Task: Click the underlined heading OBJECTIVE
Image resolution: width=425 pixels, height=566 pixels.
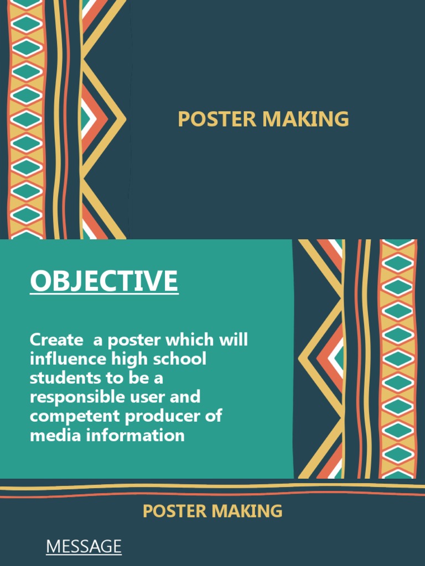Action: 104,281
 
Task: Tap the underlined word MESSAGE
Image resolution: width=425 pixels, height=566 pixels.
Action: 84,547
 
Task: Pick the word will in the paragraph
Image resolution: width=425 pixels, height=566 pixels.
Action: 235,339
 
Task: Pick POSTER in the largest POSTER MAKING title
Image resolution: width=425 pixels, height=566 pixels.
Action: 217,119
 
